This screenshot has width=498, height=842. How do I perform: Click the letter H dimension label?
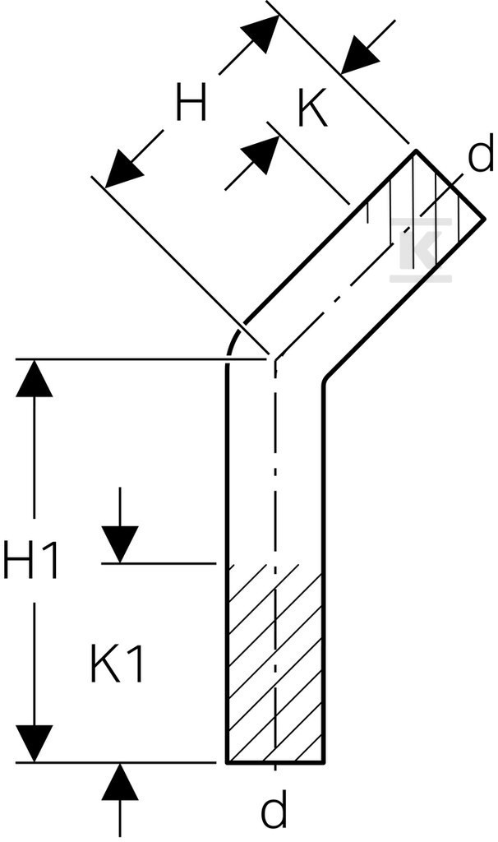[191, 103]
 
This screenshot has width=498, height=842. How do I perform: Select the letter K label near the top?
[312, 110]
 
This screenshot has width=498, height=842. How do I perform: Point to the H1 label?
[30, 561]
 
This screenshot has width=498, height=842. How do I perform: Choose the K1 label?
[117, 664]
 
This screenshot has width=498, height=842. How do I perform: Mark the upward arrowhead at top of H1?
[35, 378]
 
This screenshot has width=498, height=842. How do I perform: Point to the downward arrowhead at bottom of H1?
[35, 743]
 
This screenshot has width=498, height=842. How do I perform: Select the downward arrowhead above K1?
[120, 544]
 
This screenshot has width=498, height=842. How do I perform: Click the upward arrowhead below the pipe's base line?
[120, 782]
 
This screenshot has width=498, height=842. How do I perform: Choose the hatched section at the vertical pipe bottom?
[274, 664]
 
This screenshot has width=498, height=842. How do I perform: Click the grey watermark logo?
[421, 249]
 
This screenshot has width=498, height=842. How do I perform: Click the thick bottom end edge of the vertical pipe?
[274, 761]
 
